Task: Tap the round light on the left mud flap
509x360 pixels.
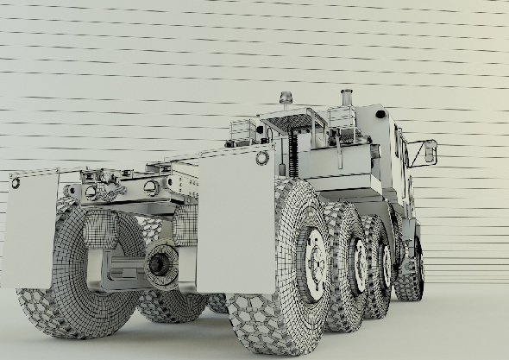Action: pos(15,183)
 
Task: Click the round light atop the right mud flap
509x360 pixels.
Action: pos(262,158)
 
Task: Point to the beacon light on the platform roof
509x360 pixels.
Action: pos(286,100)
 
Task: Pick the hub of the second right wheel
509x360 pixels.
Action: pos(359,266)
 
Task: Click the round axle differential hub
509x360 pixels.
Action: pos(160,264)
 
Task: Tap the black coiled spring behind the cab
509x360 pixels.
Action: pos(297,147)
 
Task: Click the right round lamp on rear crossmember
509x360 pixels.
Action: pos(151,187)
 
